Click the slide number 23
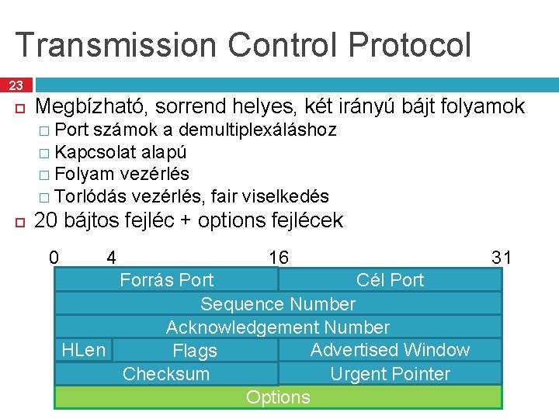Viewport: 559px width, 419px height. [16, 85]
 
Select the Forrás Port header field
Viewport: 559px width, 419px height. [166, 279]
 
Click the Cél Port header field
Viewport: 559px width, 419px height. [390, 279]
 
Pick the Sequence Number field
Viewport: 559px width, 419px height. [278, 303]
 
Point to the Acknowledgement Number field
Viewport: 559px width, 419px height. [278, 327]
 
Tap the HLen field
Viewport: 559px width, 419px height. [83, 350]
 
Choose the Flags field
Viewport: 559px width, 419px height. [195, 351]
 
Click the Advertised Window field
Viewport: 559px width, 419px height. [390, 350]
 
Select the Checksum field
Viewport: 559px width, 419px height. [166, 374]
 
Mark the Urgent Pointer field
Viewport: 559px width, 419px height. [390, 374]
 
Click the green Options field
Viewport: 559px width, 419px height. [278, 397]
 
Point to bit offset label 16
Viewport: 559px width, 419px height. [278, 257]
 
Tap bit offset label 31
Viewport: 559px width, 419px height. [502, 257]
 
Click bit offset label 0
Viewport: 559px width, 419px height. [54, 257]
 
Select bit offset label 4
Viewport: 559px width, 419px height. [112, 257]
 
